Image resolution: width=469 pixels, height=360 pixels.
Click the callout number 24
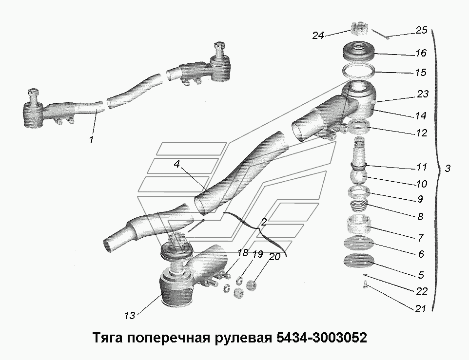click(x=318, y=35)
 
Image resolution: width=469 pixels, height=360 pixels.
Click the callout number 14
click(x=421, y=116)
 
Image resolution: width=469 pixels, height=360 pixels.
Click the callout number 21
click(x=421, y=308)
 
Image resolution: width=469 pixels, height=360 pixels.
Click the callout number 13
click(x=129, y=315)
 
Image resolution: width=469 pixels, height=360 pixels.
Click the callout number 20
click(x=275, y=256)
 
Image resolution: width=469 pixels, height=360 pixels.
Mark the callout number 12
click(x=421, y=133)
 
